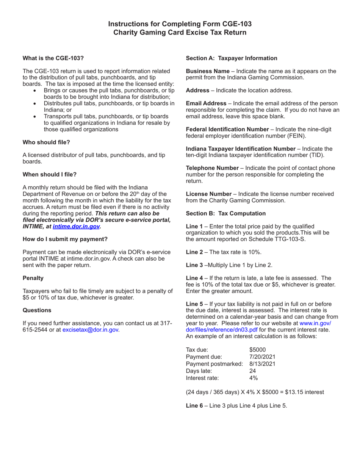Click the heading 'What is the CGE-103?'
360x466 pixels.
coord(53,58)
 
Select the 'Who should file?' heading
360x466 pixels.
coord(46,142)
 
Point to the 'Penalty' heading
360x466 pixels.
coord(33,278)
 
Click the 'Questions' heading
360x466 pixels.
coord(37,310)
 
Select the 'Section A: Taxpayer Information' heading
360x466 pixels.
coord(231,58)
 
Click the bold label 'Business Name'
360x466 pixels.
coord(207,71)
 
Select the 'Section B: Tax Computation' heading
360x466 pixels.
coord(225,213)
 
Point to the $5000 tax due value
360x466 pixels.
coord(258,349)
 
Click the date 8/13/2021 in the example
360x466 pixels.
coord(262,364)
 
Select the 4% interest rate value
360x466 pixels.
coord(253,378)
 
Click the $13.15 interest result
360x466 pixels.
coord(291,392)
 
